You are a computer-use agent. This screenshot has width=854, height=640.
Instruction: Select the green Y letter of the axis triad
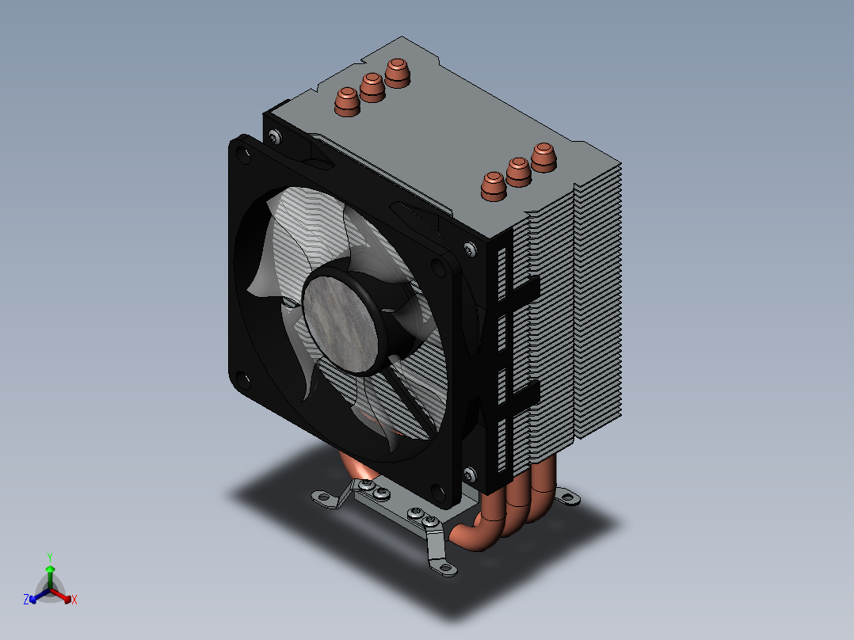pyautogui.click(x=49, y=557)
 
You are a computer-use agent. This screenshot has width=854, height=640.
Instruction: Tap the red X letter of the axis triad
pyautogui.click(x=74, y=600)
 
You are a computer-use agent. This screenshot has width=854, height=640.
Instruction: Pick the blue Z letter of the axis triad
pyautogui.click(x=26, y=600)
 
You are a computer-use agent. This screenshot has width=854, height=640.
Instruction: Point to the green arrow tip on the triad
pyautogui.click(x=49, y=570)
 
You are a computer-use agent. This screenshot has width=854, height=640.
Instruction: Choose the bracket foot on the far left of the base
pyautogui.click(x=322, y=497)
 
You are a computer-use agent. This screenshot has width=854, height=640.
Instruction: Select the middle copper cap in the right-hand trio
pyautogui.click(x=518, y=171)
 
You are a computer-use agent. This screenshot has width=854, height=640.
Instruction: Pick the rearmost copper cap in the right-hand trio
pyautogui.click(x=543, y=156)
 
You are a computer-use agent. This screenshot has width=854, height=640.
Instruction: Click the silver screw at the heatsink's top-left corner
pyautogui.click(x=273, y=137)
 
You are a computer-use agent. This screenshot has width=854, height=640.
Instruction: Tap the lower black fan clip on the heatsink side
pyautogui.click(x=524, y=392)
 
